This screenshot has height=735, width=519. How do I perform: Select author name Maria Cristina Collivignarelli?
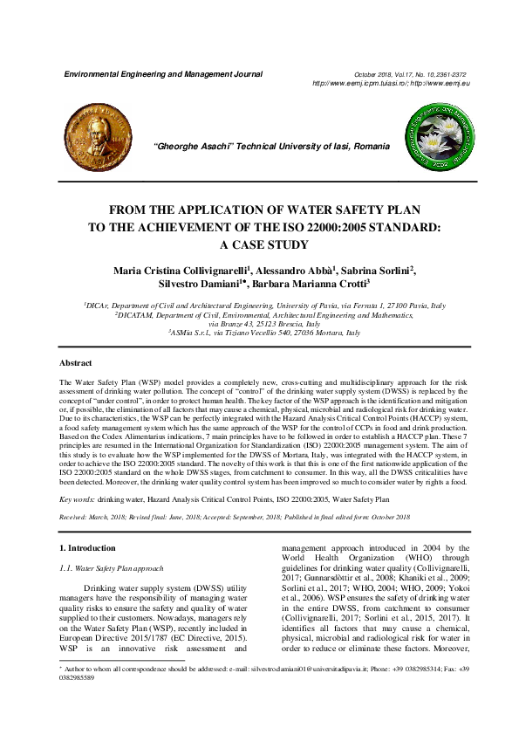click(x=181, y=271)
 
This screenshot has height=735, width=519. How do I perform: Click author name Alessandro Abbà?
click(x=293, y=271)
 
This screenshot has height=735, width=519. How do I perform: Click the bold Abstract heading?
click(x=76, y=361)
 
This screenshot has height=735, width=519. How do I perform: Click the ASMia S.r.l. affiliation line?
click(x=264, y=333)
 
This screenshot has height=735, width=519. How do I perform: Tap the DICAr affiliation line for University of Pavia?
click(x=264, y=306)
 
